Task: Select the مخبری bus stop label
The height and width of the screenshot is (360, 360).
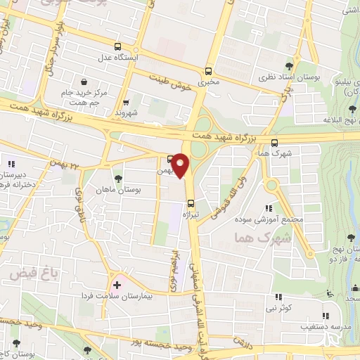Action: coord(208,82)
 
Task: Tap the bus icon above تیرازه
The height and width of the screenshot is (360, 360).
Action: coord(190,205)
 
